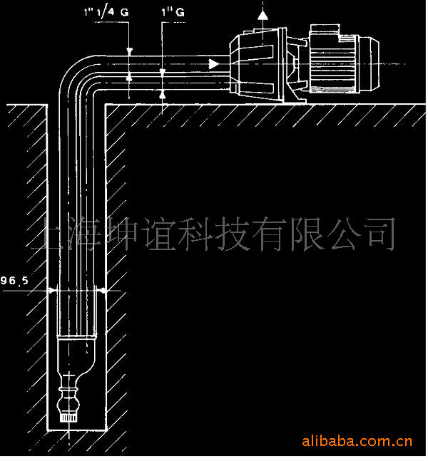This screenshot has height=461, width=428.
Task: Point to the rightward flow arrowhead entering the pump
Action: (x=213, y=64)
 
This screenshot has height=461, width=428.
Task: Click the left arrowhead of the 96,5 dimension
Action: (x=52, y=290)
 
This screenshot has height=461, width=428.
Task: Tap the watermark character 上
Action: (x=51, y=236)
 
